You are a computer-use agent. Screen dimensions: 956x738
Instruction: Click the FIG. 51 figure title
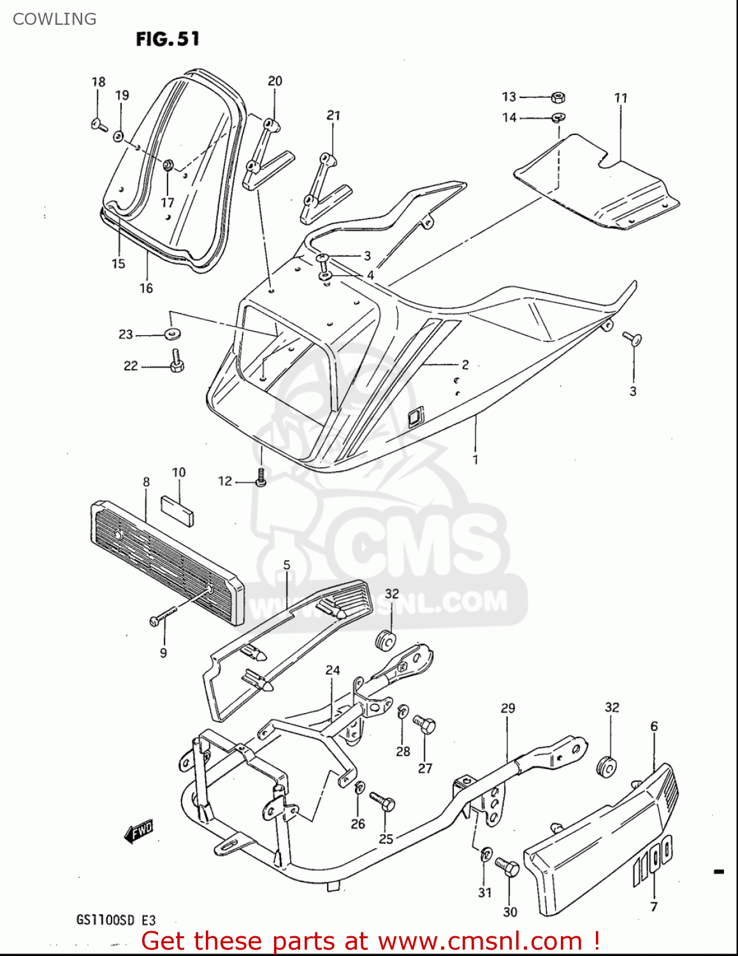click(168, 39)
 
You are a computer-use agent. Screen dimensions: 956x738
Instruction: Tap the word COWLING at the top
click(54, 19)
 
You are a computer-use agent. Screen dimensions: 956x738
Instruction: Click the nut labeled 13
click(558, 98)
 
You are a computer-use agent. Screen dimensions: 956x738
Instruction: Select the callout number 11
click(621, 98)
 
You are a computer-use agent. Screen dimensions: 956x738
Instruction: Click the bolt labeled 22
click(177, 362)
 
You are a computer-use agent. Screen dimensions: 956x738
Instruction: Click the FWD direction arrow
click(138, 831)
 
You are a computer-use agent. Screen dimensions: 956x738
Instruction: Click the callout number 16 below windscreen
click(146, 288)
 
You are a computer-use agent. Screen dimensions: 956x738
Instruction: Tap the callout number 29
click(508, 708)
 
